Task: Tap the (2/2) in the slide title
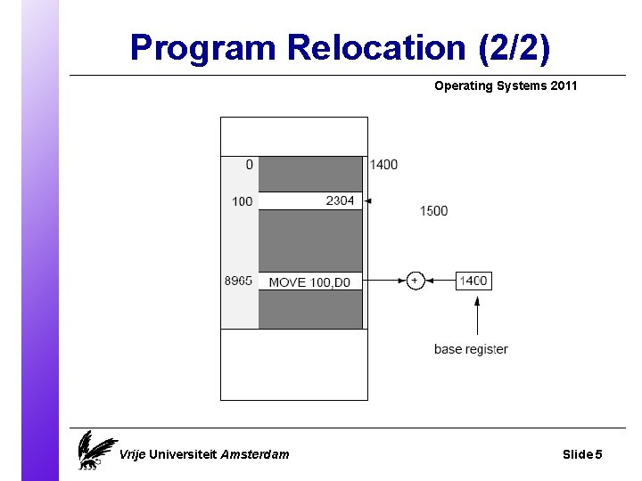point(514,47)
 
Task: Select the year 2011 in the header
point(563,86)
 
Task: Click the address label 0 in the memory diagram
point(249,165)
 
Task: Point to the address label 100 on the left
point(242,202)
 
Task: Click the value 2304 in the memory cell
point(340,201)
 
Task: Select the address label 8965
point(238,281)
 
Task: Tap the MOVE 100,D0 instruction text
point(309,282)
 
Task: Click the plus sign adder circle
point(415,281)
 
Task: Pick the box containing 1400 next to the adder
point(473,281)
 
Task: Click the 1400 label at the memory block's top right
point(383,165)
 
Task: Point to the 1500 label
point(433,211)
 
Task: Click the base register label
point(471,349)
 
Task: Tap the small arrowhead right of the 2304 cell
point(368,201)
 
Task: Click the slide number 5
point(598,454)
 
